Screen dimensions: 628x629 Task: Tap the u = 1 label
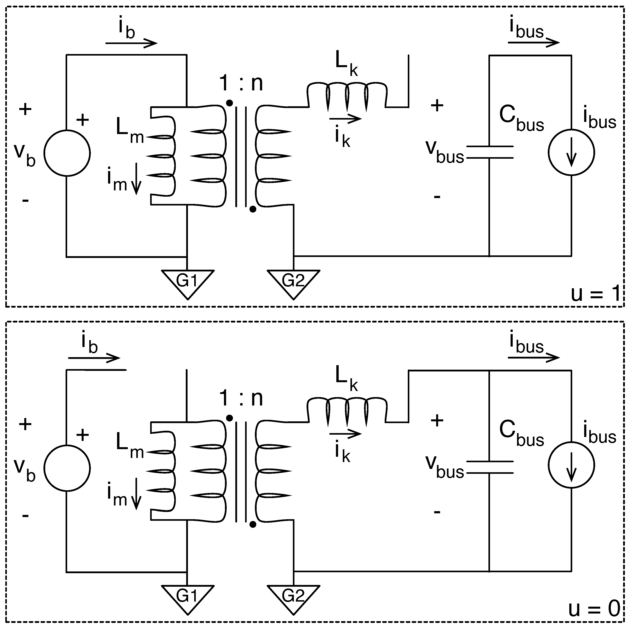(x=595, y=294)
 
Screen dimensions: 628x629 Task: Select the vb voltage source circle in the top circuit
(x=67, y=153)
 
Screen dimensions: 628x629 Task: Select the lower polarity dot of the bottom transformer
(x=253, y=524)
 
